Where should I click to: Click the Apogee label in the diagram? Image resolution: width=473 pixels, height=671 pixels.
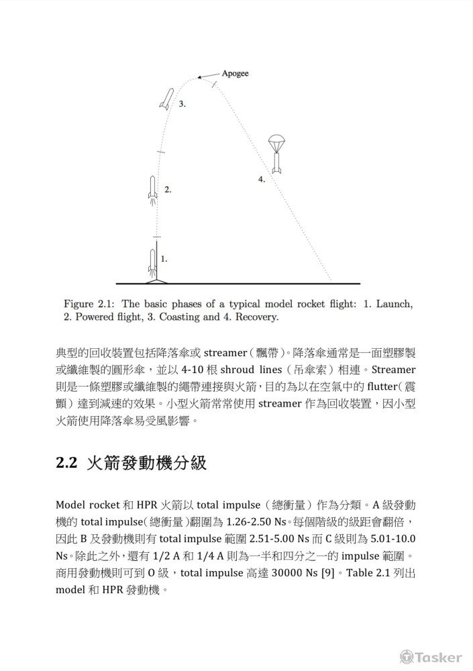pyautogui.click(x=235, y=73)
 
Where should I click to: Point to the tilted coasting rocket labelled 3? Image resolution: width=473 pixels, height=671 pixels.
pyautogui.click(x=166, y=99)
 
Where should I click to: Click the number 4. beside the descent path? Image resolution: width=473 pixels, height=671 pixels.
pyautogui.click(x=262, y=179)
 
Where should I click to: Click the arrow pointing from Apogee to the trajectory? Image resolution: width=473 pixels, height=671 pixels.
pyautogui.click(x=210, y=74)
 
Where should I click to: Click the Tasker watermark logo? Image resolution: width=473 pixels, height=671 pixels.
pyautogui.click(x=431, y=657)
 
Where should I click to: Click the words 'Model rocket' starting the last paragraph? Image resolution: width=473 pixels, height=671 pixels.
pyautogui.click(x=86, y=504)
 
